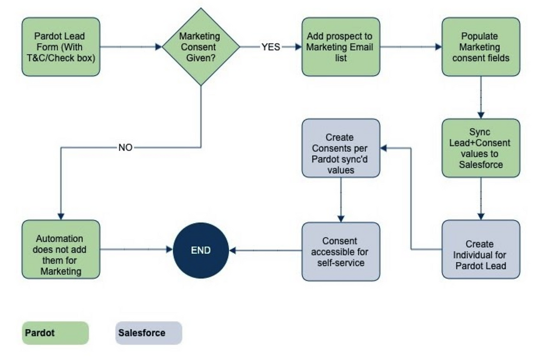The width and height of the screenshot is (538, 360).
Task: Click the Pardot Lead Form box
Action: coord(61,47)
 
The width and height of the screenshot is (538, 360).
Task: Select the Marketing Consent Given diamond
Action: coord(200,47)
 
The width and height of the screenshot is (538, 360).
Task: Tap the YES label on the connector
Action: coord(270,47)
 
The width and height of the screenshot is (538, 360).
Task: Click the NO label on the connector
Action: coord(125,148)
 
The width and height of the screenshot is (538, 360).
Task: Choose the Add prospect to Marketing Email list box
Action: coord(341,47)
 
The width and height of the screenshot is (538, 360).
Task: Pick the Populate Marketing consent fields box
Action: coord(480,47)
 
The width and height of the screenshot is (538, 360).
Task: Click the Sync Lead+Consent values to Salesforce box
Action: coord(480,148)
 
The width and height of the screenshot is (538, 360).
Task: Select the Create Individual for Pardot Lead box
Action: coord(480,249)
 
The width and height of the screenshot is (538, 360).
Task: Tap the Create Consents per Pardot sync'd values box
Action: coord(341,148)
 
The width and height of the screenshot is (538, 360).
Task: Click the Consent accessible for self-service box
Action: coord(341,251)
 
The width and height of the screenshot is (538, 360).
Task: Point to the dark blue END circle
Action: coord(200,250)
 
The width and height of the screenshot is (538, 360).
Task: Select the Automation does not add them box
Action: coord(61,249)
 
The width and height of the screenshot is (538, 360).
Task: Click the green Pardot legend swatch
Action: coord(55,334)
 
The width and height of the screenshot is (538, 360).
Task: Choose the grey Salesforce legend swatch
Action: coord(149,334)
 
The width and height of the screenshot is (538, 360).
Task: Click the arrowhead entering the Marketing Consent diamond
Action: coord(158,47)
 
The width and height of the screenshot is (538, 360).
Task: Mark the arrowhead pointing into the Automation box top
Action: coord(61,217)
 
